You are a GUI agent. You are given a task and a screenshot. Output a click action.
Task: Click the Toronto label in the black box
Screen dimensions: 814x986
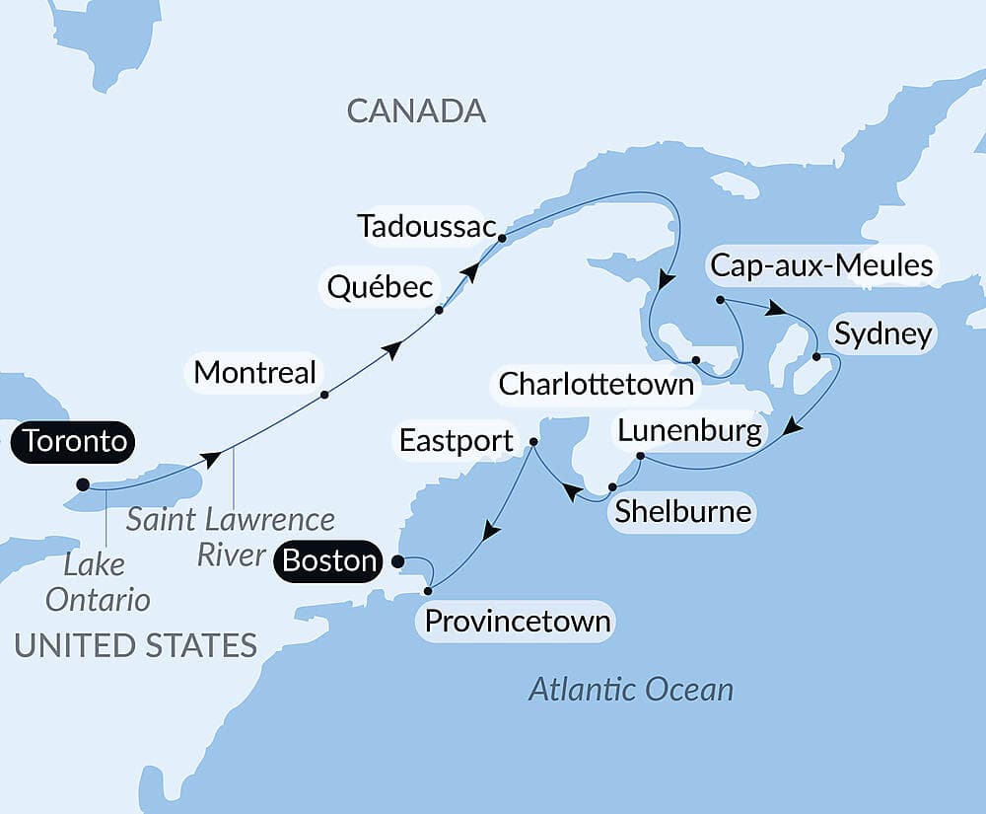(75, 441)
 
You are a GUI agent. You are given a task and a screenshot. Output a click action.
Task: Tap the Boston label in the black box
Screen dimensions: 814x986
(329, 560)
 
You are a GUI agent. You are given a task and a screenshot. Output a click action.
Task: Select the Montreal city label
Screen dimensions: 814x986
(255, 372)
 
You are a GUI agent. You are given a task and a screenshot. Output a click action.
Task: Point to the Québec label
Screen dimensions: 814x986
(381, 287)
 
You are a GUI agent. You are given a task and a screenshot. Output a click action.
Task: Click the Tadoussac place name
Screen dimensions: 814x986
(426, 226)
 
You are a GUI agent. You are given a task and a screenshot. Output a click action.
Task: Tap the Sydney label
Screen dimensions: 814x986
(882, 333)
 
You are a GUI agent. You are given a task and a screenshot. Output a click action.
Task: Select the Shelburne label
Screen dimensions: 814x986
(682, 512)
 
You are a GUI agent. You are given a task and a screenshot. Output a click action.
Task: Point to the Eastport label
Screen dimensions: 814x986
(457, 440)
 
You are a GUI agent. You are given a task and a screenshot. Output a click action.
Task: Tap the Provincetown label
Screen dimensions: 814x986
(518, 623)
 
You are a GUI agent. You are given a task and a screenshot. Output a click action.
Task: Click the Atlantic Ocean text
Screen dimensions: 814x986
(631, 689)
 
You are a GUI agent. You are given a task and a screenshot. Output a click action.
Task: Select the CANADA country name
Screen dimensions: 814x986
(416, 111)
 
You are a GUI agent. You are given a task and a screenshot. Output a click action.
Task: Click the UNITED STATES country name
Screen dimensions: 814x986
(135, 645)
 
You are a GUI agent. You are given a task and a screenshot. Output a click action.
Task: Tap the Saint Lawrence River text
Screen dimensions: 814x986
(231, 536)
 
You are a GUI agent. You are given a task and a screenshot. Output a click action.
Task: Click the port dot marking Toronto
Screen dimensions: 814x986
(83, 484)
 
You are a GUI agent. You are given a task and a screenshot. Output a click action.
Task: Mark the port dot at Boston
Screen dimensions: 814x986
(397, 561)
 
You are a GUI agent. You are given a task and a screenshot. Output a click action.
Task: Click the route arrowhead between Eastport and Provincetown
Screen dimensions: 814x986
(490, 532)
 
